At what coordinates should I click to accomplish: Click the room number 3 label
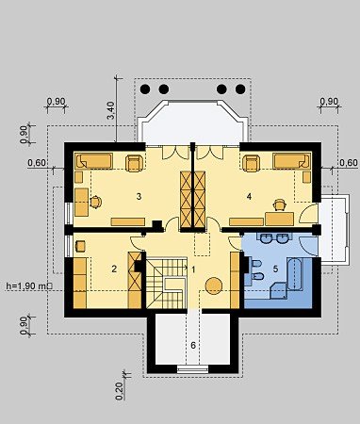click(x=139, y=197)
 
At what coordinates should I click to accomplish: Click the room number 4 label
click(x=249, y=197)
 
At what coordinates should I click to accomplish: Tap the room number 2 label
click(x=114, y=269)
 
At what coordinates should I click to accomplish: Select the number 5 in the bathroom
click(x=275, y=269)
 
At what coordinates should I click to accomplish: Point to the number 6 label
click(x=193, y=345)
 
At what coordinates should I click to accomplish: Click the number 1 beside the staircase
click(x=193, y=269)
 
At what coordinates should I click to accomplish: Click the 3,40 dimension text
click(x=111, y=110)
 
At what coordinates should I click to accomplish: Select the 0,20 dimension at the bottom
click(x=120, y=391)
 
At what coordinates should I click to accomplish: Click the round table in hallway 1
click(x=214, y=285)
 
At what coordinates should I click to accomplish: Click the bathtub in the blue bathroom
click(x=295, y=274)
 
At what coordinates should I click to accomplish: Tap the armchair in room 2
click(x=80, y=246)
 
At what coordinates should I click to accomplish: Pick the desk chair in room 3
click(x=95, y=202)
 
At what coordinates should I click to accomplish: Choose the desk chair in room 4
click(x=279, y=204)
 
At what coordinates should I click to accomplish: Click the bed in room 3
click(x=94, y=161)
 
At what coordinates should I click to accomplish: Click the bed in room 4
click(x=291, y=161)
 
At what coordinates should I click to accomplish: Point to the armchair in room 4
click(x=252, y=163)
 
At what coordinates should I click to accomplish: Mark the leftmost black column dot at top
click(x=145, y=90)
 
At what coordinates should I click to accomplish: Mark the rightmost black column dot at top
click(x=240, y=90)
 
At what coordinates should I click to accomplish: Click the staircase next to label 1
click(x=167, y=283)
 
